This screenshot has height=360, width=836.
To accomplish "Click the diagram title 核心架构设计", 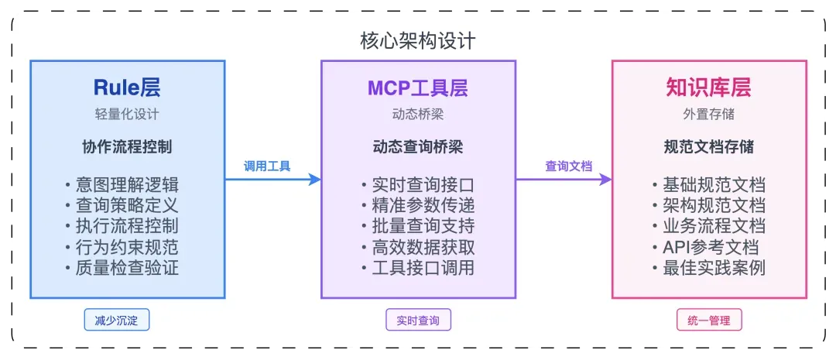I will click(418, 40).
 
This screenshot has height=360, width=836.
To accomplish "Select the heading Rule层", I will click(127, 87).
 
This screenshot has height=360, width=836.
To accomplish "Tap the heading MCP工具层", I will click(418, 87).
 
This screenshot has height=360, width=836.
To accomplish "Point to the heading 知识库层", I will click(708, 87).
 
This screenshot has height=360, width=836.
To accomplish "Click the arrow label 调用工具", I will click(267, 166).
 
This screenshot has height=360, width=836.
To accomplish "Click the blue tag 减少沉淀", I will click(116, 320).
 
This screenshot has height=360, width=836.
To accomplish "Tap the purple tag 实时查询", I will click(418, 320).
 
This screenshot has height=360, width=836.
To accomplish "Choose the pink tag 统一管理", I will click(708, 320).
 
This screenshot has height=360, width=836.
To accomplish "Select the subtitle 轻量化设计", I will click(127, 115).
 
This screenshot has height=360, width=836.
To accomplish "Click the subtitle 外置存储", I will click(708, 115).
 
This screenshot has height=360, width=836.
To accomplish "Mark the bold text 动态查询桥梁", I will click(418, 147).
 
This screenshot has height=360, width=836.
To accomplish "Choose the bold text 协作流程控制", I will click(127, 147).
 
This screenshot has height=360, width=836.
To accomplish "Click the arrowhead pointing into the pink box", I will click(605, 180).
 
